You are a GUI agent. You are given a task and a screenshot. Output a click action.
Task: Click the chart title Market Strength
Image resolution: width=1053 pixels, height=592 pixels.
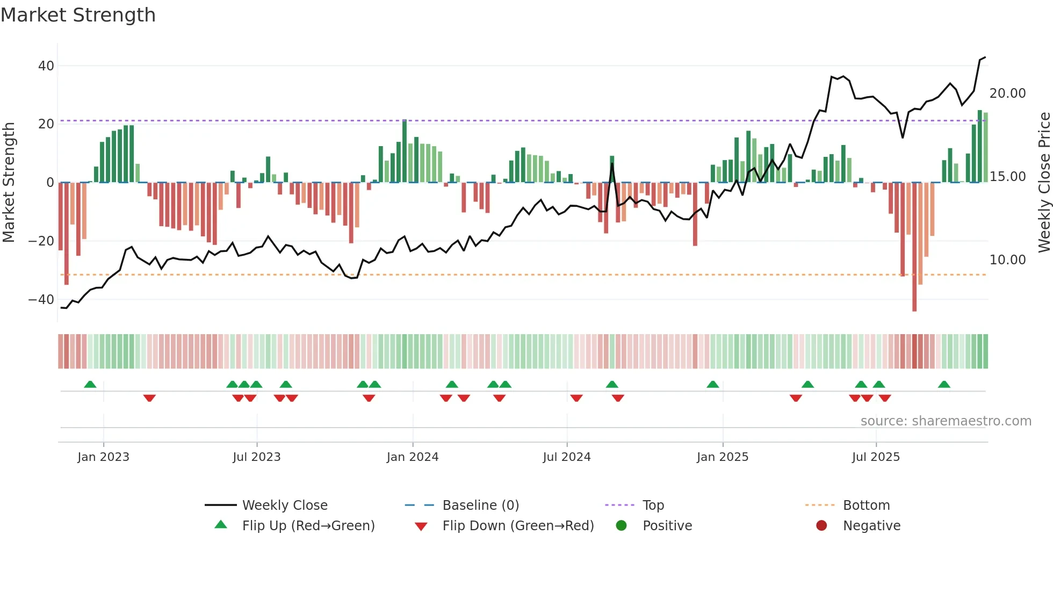tap(78, 15)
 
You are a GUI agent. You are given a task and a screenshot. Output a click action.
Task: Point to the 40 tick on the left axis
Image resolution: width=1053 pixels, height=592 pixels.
tap(46, 66)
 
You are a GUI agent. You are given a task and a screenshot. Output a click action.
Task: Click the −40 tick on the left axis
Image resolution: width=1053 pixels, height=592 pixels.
tap(41, 300)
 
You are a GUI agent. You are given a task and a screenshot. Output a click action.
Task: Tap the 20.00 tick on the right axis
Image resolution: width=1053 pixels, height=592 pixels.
tap(1007, 93)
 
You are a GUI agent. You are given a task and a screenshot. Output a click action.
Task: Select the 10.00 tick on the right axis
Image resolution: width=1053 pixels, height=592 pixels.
tap(1007, 260)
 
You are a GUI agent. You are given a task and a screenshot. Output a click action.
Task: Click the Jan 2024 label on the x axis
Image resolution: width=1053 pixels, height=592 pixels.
tap(412, 457)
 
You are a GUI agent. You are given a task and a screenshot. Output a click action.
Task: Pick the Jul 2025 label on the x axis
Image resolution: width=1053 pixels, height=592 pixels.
tap(875, 457)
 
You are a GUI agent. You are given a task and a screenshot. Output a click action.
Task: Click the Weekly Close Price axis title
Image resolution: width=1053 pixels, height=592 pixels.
tap(1044, 183)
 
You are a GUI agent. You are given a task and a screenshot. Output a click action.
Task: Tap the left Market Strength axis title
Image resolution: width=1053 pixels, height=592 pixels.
tap(9, 183)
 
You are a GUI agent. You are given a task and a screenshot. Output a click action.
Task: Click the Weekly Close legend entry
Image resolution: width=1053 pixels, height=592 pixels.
tap(284, 506)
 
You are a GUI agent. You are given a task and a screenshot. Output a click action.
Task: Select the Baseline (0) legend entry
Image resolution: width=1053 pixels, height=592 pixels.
tap(480, 506)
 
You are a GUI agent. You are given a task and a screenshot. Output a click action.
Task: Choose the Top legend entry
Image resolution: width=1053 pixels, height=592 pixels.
tap(653, 506)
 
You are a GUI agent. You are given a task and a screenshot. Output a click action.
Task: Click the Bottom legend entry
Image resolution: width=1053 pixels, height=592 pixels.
tap(866, 506)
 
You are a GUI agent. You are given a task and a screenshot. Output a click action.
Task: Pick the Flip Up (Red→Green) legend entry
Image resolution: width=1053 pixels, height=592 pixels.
tap(308, 526)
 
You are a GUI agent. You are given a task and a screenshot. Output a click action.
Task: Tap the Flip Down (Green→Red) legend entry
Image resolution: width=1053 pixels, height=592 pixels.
tap(518, 526)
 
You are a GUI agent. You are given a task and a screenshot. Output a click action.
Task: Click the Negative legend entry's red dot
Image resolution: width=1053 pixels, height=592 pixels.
tap(821, 526)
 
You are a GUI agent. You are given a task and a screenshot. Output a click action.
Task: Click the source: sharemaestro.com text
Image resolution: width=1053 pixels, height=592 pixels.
tap(946, 421)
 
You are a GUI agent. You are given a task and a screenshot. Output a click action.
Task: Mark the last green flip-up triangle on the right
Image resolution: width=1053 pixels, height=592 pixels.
tap(944, 384)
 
